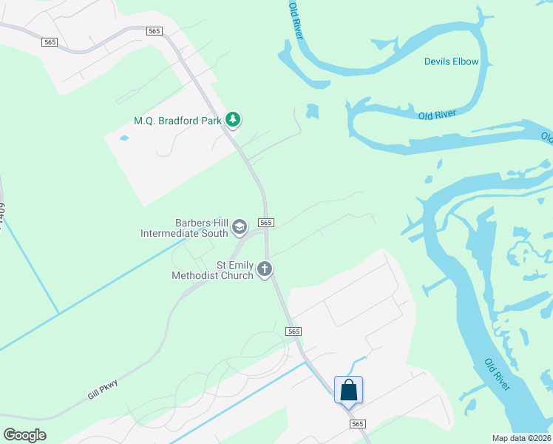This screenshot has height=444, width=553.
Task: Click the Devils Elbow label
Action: click(451, 61)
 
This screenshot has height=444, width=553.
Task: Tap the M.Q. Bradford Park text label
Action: click(178, 120)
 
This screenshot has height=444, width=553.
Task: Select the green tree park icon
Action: click(233, 118)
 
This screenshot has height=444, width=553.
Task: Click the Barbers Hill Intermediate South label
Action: click(185, 227)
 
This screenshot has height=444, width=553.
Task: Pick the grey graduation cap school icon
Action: click(239, 227)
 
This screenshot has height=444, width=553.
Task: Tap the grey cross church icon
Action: click(265, 269)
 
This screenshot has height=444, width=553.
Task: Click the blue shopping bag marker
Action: click(348, 389)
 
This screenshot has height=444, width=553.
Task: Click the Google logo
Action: click(24, 434)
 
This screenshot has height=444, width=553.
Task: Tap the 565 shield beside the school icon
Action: click(267, 223)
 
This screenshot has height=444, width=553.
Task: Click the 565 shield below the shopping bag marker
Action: click(358, 424)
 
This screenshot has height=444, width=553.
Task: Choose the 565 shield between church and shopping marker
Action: click(294, 332)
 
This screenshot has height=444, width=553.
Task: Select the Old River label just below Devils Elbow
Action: click(436, 115)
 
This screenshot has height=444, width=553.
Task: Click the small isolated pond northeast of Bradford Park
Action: click(312, 111)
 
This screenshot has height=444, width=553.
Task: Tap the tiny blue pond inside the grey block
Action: click(123, 138)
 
